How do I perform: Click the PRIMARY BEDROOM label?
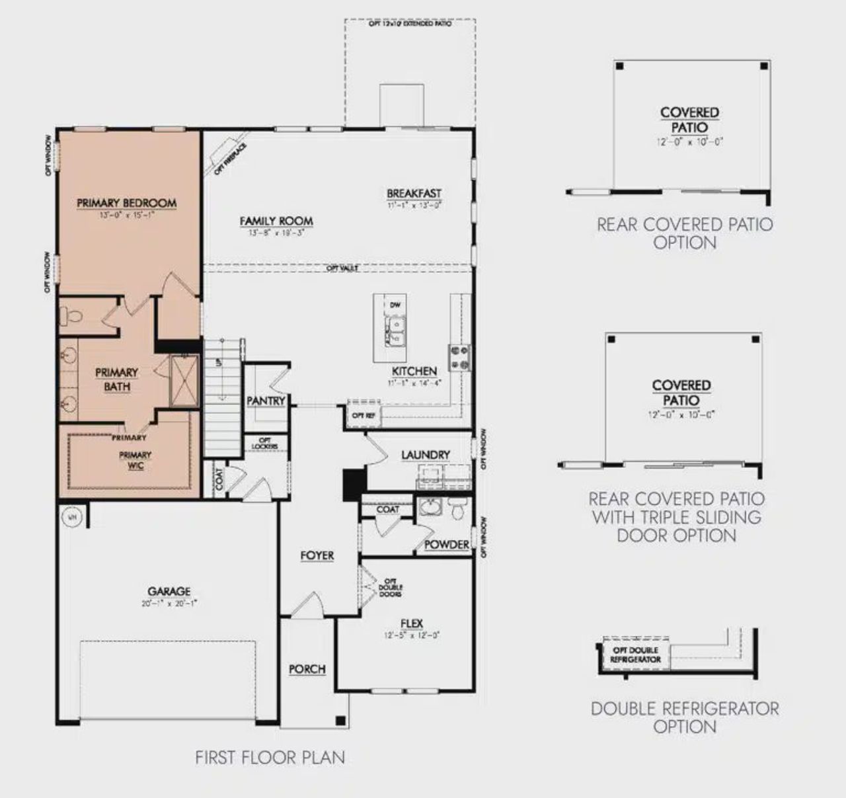pos(126,202)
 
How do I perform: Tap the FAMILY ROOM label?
pos(276,221)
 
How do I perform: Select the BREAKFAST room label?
pos(414,193)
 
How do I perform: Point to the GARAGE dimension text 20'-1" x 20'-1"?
pos(169,603)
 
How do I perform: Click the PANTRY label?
pos(266,401)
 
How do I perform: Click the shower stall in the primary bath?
pos(184,380)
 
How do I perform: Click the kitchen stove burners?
pos(459,357)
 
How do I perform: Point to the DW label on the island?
pos(395,305)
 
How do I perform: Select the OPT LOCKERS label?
pos(264,444)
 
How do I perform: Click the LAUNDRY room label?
pos(425,455)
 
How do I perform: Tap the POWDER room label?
pos(447,545)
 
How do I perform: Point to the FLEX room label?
pos(411,623)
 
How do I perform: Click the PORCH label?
pos(307,669)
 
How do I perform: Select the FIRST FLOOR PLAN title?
pos(270,757)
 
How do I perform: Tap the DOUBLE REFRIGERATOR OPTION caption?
pos(685,717)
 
